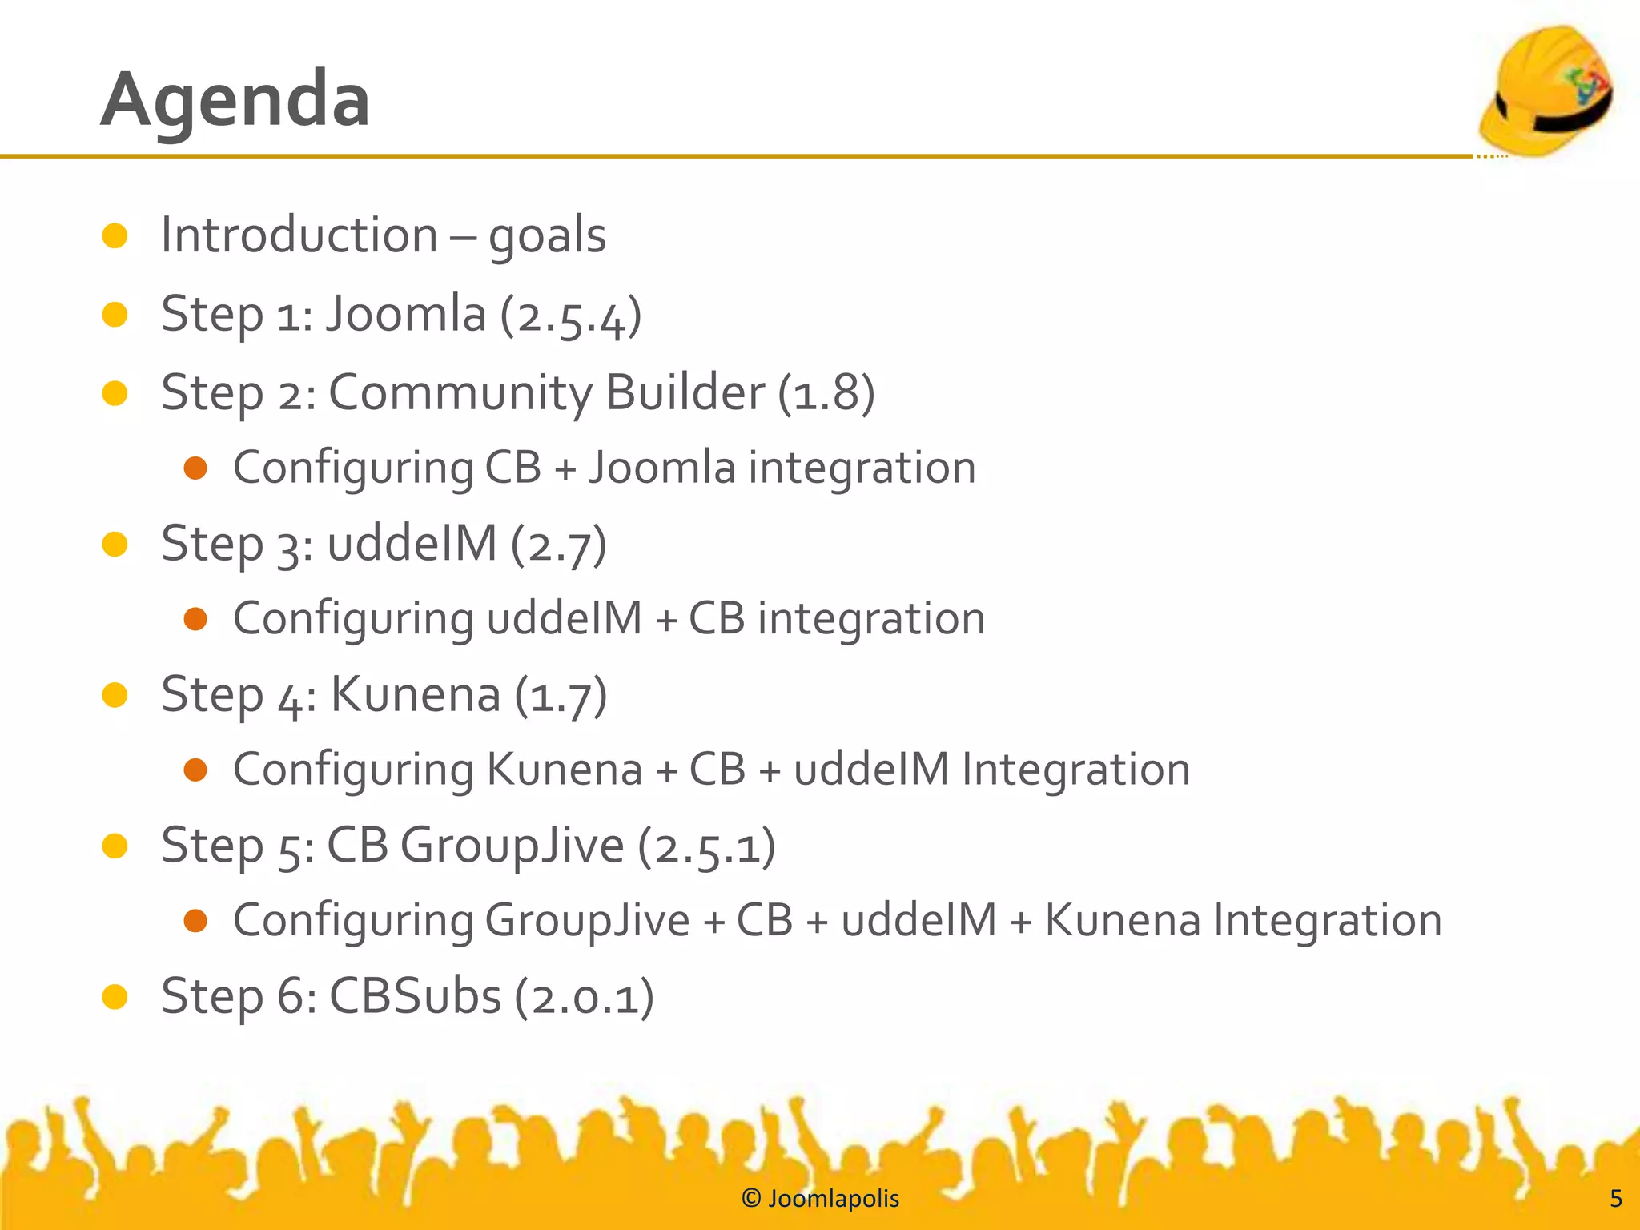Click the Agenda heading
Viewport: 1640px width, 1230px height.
tap(235, 99)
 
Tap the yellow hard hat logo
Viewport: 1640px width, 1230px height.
tap(1546, 90)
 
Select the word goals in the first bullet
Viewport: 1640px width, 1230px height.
tap(547, 236)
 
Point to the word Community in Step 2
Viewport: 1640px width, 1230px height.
tap(460, 392)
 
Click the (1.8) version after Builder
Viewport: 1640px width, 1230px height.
tap(826, 392)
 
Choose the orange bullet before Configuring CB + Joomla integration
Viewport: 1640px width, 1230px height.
tap(195, 468)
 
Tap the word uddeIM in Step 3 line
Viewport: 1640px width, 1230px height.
tap(412, 544)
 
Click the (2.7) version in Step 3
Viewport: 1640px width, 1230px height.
tap(559, 545)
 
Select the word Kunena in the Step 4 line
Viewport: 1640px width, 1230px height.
tap(416, 694)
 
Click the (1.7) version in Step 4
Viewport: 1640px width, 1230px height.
tap(561, 695)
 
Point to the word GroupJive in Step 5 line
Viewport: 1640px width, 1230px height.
tap(512, 845)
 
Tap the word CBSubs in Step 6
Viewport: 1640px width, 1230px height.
tap(415, 996)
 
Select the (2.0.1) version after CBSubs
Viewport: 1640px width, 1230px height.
tap(584, 997)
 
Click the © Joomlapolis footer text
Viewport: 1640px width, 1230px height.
tap(820, 1198)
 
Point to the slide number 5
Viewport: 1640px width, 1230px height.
tap(1616, 1198)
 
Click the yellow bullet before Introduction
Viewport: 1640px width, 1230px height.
tap(115, 235)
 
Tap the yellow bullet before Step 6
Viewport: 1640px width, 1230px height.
tap(115, 996)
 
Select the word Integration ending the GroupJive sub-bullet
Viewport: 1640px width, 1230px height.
tap(1327, 920)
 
